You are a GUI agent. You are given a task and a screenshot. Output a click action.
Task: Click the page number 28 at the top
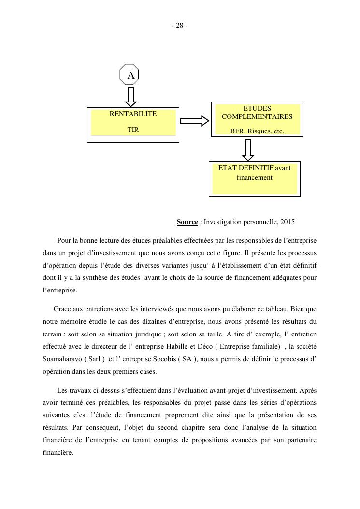tap(179, 26)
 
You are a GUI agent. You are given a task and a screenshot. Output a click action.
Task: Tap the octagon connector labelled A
tap(130, 75)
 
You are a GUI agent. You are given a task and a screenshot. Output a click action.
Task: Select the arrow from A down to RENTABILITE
tap(130, 97)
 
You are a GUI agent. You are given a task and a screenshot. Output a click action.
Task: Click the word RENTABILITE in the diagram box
tap(133, 114)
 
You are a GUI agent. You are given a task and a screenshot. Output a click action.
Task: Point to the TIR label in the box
tap(133, 130)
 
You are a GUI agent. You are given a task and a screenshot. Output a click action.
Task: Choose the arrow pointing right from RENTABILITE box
tap(194, 121)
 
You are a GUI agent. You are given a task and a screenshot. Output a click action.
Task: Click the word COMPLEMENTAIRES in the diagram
tap(257, 116)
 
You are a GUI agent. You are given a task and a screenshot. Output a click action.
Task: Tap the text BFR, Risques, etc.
tap(257, 131)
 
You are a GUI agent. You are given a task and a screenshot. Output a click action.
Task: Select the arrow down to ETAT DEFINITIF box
tap(248, 150)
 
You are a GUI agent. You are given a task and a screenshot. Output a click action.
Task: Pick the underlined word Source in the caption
tap(187, 222)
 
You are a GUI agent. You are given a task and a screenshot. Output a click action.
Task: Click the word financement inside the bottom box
tap(254, 178)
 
